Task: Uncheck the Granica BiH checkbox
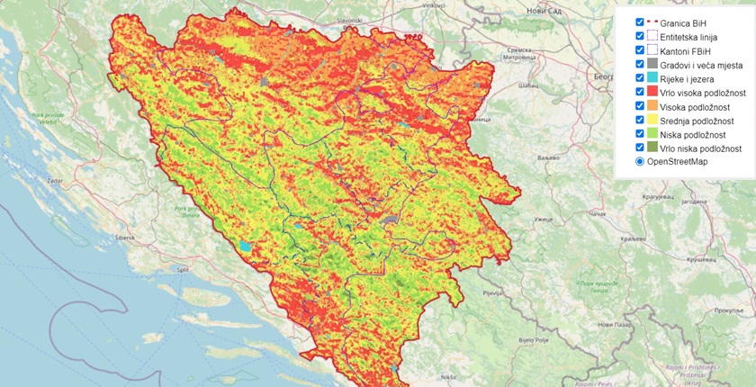pyautogui.click(x=639, y=22)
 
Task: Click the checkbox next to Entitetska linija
pyautogui.click(x=639, y=37)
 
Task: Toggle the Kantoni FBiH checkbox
pyautogui.click(x=639, y=52)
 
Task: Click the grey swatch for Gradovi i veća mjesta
pyautogui.click(x=653, y=67)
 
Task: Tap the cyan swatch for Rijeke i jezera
pyautogui.click(x=653, y=80)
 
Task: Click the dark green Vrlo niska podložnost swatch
pyautogui.click(x=653, y=148)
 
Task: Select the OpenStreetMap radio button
pyautogui.click(x=639, y=161)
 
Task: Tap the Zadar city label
pyautogui.click(x=40, y=181)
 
